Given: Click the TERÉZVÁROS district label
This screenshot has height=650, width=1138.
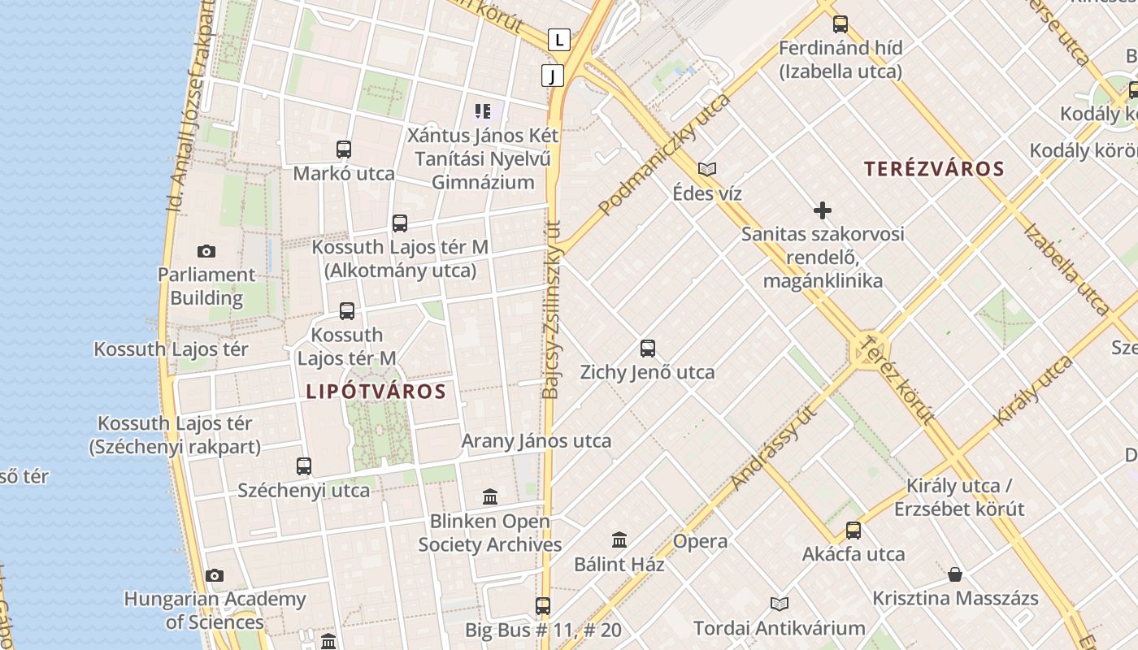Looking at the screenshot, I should coord(934,169).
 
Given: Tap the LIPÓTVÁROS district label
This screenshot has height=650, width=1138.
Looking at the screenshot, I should coord(376,392).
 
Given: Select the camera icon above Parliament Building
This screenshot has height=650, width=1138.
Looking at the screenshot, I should coord(206,251).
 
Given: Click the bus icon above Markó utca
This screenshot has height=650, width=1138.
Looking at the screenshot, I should coord(344,149).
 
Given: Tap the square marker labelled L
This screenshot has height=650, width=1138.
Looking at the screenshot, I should coord(558,39).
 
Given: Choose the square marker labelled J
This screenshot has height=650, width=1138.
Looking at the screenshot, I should coord(553,76).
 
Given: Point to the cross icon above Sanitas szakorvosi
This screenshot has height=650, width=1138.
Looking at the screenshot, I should coord(823,211).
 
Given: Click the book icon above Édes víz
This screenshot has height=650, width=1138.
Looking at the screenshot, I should coord(707,169).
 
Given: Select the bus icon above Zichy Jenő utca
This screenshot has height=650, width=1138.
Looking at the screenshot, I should coord(648,349).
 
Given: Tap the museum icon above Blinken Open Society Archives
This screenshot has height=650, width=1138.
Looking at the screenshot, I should coord(490,496).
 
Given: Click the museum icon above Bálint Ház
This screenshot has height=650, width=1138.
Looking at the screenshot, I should coord(619,539).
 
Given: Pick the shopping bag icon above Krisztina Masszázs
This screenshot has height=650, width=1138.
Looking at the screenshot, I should coord(955,574).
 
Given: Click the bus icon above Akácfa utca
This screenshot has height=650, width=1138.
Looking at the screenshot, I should coord(853,531).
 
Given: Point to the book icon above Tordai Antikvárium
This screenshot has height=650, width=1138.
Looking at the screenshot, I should coord(780,604).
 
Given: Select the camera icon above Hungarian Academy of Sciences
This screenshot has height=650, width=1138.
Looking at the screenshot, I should coord(215,575).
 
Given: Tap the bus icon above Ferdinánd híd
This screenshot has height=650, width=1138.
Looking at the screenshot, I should coord(840,24).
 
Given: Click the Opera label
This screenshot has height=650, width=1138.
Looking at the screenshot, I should coord(700,542).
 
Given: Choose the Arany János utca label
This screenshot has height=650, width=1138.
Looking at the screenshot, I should coord(536,441).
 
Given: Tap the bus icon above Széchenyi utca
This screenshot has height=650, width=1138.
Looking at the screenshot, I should coord(304,466).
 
